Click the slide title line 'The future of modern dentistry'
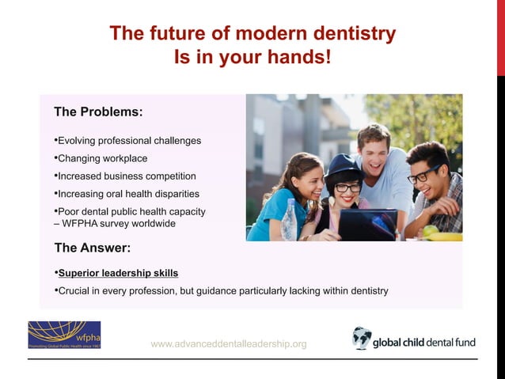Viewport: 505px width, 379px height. pyautogui.click(x=252, y=33)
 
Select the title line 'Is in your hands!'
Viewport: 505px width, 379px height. pyautogui.click(x=252, y=58)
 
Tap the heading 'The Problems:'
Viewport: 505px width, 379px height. pyautogui.click(x=98, y=112)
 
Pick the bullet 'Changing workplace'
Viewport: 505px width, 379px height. pyautogui.click(x=102, y=158)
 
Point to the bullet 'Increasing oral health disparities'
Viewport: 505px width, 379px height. pyautogui.click(x=128, y=194)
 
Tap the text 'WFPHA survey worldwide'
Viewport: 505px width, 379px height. pyautogui.click(x=120, y=223)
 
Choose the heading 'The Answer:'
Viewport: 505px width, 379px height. pyautogui.click(x=92, y=248)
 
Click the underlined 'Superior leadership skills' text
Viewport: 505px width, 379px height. pyautogui.click(x=118, y=273)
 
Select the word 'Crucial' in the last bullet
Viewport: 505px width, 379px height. pyautogui.click(x=75, y=290)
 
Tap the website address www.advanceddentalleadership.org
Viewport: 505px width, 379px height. pyautogui.click(x=228, y=343)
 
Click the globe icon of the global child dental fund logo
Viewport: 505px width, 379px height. pyautogui.click(x=362, y=338)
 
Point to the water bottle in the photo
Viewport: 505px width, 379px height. pyautogui.click(x=289, y=221)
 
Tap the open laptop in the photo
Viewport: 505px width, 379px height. pyautogui.click(x=367, y=223)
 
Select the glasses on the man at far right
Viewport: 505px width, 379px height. pyautogui.click(x=424, y=175)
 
